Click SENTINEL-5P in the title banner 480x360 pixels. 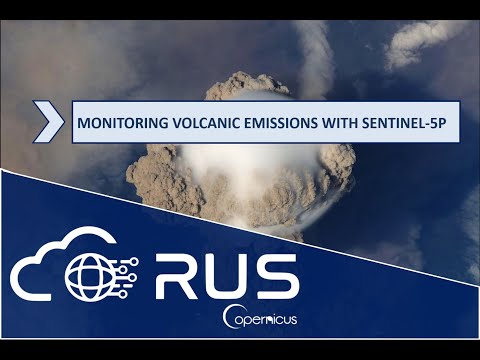coord(407,128)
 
